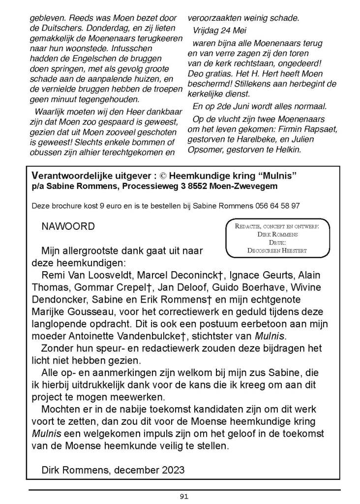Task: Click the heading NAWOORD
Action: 68,227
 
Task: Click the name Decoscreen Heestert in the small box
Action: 277,251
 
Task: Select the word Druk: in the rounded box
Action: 277,242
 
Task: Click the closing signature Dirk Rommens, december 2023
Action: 113,470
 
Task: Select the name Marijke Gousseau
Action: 69,312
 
